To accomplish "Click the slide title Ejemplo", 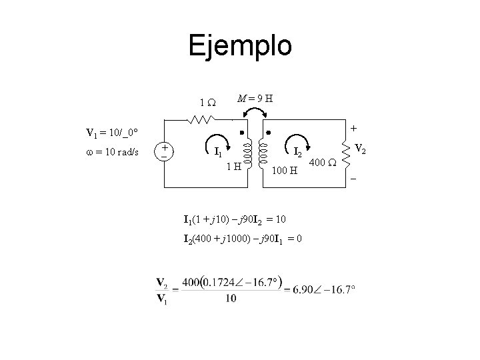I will tap(240, 46).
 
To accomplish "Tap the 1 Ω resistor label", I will tap(207, 103).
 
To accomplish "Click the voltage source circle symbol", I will tap(164, 151).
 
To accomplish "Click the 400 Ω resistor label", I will tap(323, 163).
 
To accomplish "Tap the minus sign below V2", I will tap(353, 179).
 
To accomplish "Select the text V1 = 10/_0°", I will tap(111, 131).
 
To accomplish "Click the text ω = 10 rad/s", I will tap(110, 152).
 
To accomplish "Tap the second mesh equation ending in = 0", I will tap(243, 239).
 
